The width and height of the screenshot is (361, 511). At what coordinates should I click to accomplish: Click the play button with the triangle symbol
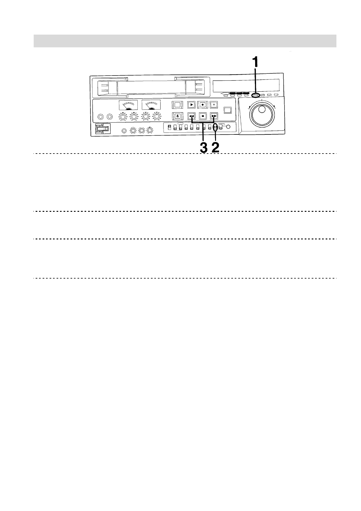(191, 105)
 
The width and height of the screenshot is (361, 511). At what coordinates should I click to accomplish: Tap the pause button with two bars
(214, 105)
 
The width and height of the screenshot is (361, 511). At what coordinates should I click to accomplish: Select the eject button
(177, 116)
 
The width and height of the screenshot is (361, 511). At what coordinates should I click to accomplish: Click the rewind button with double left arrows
(191, 116)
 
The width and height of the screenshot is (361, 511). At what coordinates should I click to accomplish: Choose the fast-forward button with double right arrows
(214, 116)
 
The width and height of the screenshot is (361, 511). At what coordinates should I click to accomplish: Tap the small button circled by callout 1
(255, 96)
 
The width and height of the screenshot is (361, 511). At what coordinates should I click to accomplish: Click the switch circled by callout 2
(215, 128)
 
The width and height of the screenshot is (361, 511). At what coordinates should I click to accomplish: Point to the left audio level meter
(128, 105)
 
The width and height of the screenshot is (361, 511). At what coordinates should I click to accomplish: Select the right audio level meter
(152, 105)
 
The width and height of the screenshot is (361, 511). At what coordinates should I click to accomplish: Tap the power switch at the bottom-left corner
(102, 129)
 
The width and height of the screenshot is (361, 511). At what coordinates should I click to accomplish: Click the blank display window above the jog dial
(246, 86)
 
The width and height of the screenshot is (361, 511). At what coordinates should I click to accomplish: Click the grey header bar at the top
(185, 41)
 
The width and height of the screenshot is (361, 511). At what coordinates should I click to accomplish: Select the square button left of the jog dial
(228, 110)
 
